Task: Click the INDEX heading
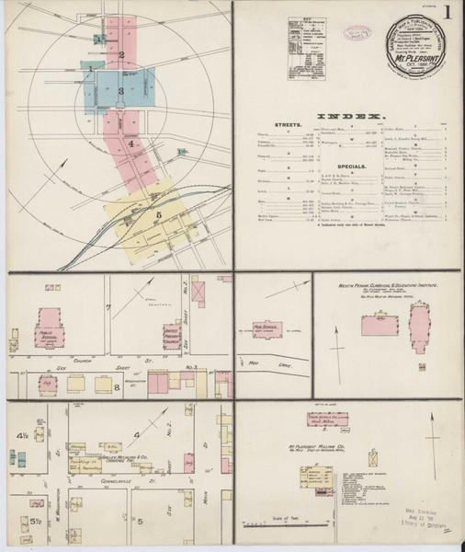click(x=349, y=116)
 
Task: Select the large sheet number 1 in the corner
click(x=447, y=13)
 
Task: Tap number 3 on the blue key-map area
click(x=119, y=91)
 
